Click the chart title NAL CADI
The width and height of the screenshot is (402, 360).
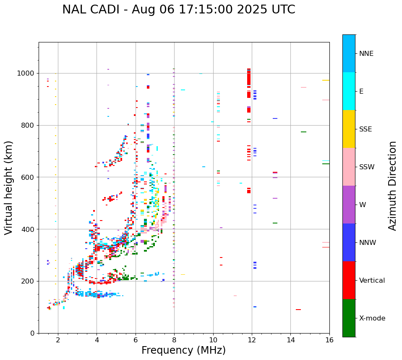pyautogui.click(x=178, y=10)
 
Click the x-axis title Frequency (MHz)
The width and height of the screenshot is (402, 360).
pyautogui.click(x=183, y=350)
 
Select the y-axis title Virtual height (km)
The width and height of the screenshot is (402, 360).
pyautogui.click(x=9, y=187)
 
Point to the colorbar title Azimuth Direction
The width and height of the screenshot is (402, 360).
pyautogui.click(x=392, y=186)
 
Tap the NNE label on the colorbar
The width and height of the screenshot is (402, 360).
pyautogui.click(x=366, y=54)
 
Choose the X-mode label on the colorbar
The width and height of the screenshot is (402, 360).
pyautogui.click(x=372, y=318)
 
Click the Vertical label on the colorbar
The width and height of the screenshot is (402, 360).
pyautogui.click(x=372, y=281)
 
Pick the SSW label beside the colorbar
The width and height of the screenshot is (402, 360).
pyautogui.click(x=367, y=167)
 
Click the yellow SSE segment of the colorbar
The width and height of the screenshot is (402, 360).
pyautogui.click(x=349, y=129)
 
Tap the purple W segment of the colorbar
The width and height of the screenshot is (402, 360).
pyautogui.click(x=349, y=205)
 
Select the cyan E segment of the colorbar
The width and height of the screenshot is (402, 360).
pyautogui.click(x=349, y=91)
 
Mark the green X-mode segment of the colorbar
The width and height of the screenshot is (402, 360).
pyautogui.click(x=349, y=318)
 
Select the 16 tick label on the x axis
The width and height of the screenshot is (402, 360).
pyautogui.click(x=329, y=340)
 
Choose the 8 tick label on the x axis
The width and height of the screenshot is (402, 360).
pyautogui.click(x=174, y=340)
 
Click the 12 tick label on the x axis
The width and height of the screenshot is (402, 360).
pyautogui.click(x=252, y=340)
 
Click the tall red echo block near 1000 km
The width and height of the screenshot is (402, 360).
pyautogui.click(x=249, y=78)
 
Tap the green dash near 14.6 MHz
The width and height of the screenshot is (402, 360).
pyautogui.click(x=303, y=132)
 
